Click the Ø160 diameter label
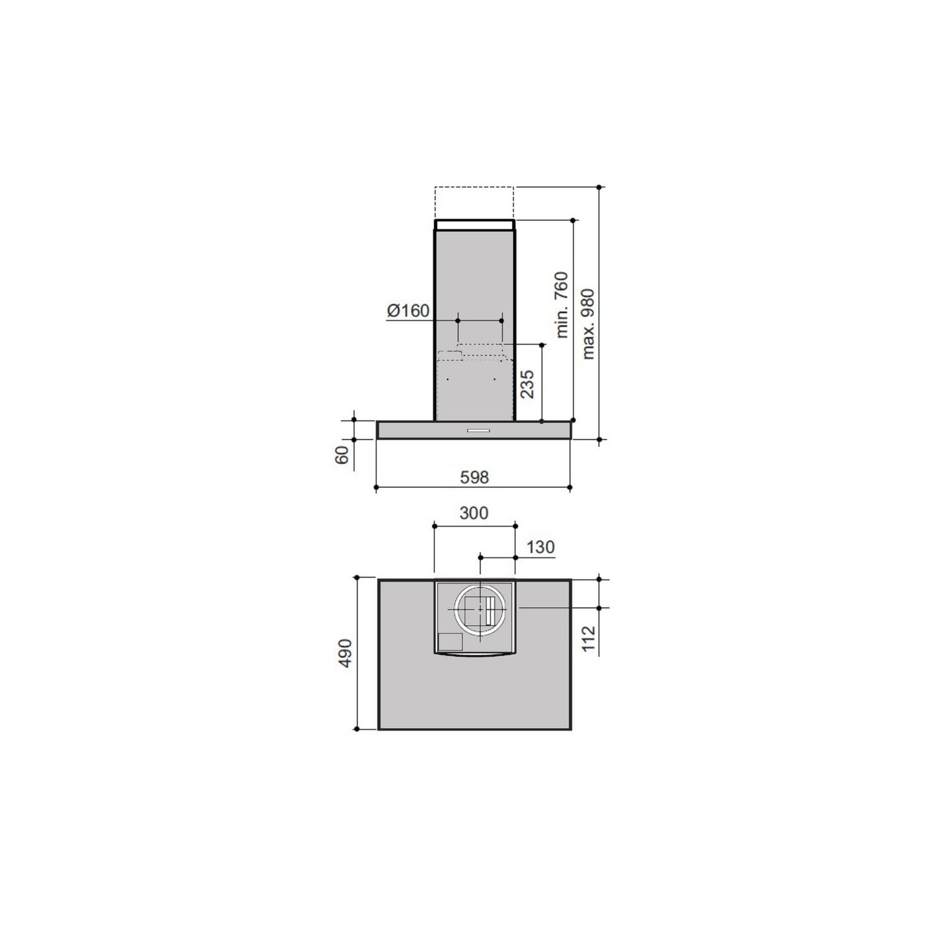tap(408, 311)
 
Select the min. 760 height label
tap(561, 305)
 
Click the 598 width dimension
tap(473, 477)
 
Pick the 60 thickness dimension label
tap(342, 455)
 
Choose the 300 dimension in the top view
tap(473, 513)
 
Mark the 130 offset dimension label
tap(540, 547)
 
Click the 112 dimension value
tap(588, 640)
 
